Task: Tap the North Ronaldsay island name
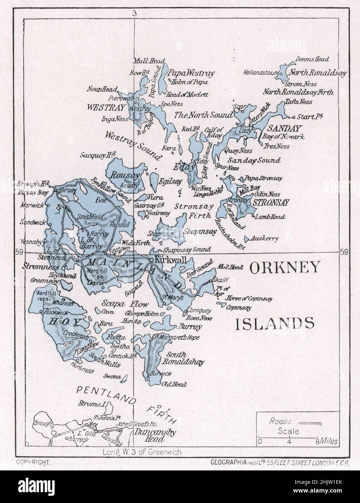(317, 72)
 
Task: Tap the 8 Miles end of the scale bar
(327, 441)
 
